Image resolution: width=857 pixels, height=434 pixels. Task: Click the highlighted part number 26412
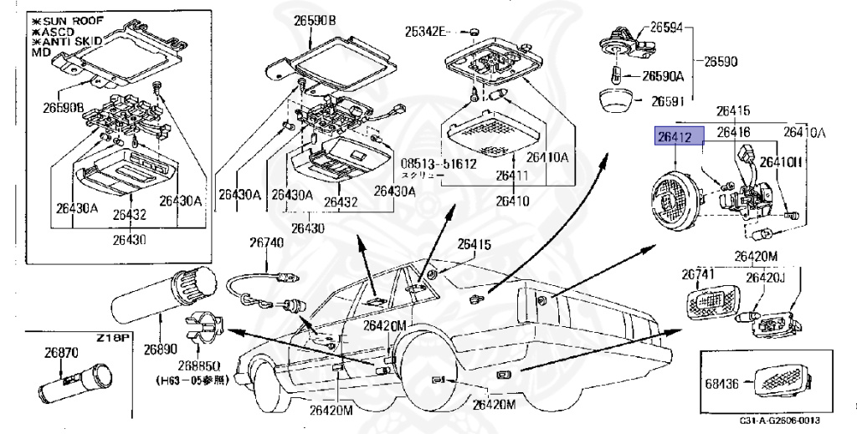(x=674, y=137)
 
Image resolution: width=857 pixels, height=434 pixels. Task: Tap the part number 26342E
(x=427, y=33)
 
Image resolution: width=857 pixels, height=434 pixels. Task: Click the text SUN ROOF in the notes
(x=65, y=18)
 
